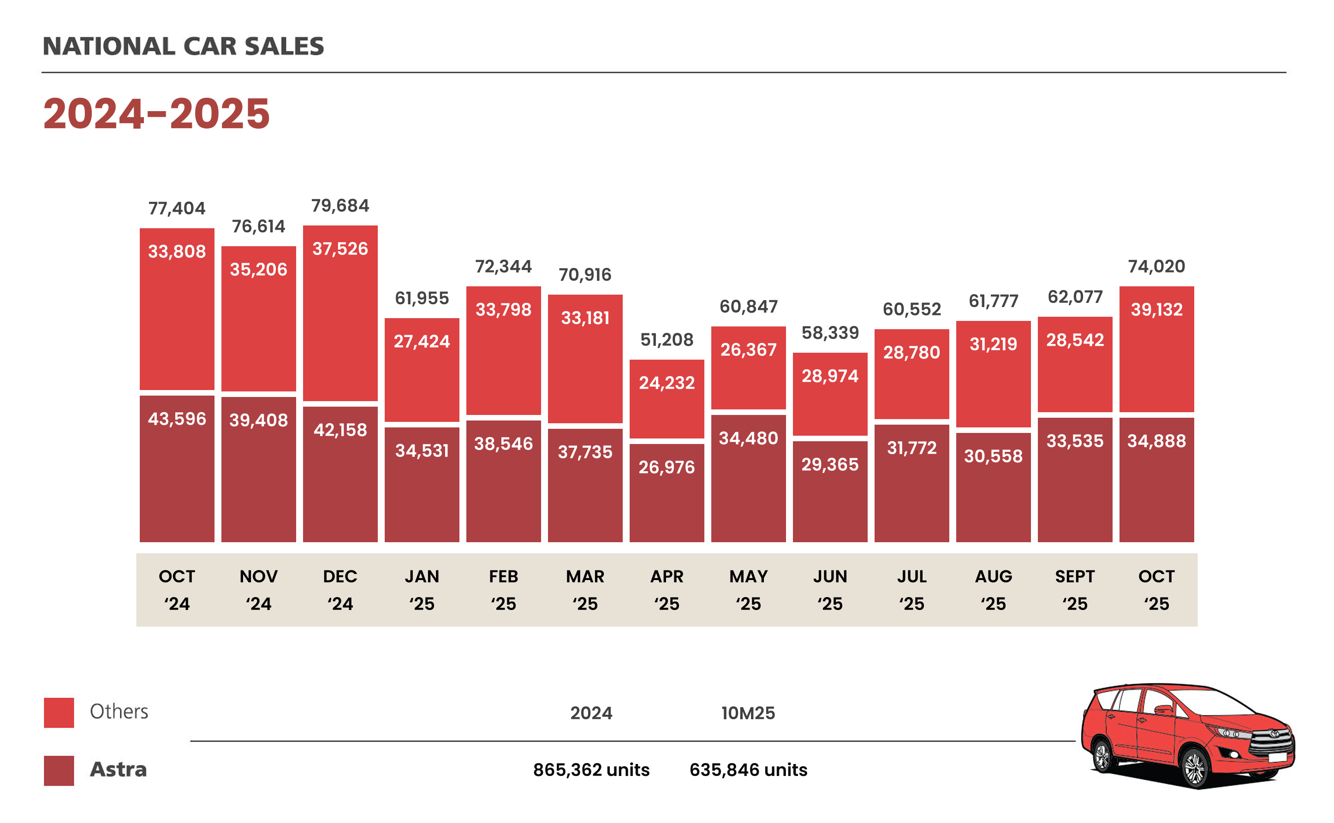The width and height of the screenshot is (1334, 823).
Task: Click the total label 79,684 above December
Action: pos(340,206)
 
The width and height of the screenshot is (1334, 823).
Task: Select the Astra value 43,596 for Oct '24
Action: pos(177,419)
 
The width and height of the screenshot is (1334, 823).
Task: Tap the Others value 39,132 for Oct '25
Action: pos(1156,309)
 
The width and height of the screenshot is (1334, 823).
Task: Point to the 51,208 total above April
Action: pos(667,340)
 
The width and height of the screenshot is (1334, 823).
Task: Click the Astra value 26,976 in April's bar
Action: pos(667,467)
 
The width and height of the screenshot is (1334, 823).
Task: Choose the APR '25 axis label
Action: pos(667,590)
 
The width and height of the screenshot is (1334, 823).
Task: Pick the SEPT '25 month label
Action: pos(1074,590)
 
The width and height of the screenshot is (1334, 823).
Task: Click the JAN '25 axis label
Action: pos(422,590)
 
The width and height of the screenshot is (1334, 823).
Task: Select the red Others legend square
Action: pos(59,712)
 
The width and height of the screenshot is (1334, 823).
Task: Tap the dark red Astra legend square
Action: pos(59,770)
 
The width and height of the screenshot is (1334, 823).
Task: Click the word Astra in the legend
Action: pos(118,769)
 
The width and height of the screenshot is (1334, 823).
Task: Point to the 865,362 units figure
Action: pos(591,770)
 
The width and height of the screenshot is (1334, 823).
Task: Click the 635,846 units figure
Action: pos(748,770)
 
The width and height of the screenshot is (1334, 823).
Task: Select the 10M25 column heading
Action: pos(748,713)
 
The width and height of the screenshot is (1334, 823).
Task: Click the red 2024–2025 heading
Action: pos(156,114)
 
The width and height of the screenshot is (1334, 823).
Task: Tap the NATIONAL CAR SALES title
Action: pos(183,46)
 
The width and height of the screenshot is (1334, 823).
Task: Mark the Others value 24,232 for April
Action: pos(667,383)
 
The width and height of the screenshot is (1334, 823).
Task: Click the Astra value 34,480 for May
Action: pos(748,438)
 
